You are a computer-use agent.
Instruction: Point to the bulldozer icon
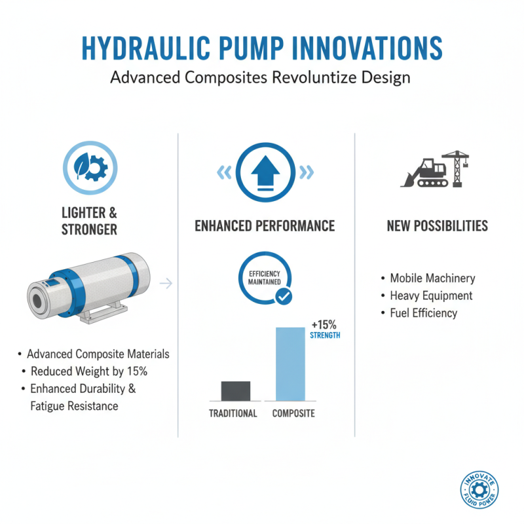pyautogui.click(x=424, y=173)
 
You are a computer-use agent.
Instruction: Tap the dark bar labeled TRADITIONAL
pyautogui.click(x=235, y=390)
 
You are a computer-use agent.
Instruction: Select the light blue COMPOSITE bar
pyautogui.click(x=290, y=364)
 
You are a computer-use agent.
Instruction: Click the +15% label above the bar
pyautogui.click(x=324, y=326)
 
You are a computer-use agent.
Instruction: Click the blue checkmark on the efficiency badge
pyautogui.click(x=284, y=297)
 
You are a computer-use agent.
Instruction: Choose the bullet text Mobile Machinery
pyautogui.click(x=432, y=278)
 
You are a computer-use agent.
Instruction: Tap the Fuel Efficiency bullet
pyautogui.click(x=423, y=313)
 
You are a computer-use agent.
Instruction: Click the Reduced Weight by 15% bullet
pyautogui.click(x=89, y=371)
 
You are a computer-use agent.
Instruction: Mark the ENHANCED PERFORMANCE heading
pyautogui.click(x=265, y=226)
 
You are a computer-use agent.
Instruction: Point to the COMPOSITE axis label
pyautogui.click(x=293, y=413)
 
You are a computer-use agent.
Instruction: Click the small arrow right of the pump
pyautogui.click(x=166, y=283)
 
